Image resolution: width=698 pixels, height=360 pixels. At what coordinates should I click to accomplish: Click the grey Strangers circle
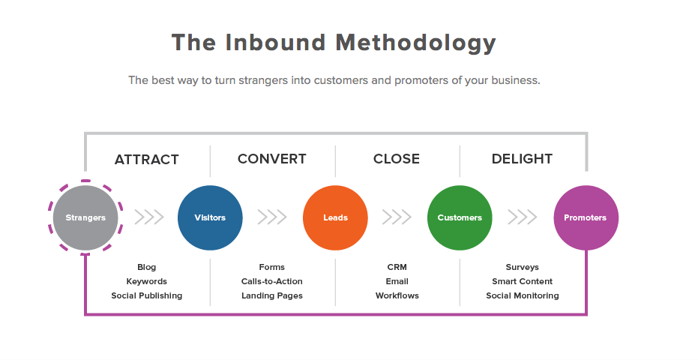[85, 217]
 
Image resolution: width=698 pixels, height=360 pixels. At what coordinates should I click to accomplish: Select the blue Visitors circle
[210, 217]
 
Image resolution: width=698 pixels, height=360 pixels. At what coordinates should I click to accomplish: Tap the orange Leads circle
[335, 217]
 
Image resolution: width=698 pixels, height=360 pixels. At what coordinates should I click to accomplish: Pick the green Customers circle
[460, 217]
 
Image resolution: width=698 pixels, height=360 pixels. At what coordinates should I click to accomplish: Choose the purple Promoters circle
[586, 217]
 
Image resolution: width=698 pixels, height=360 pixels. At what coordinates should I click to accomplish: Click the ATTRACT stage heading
[147, 160]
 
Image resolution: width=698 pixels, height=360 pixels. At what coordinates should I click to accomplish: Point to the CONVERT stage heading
[272, 159]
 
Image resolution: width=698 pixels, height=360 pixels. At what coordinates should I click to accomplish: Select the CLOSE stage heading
[397, 159]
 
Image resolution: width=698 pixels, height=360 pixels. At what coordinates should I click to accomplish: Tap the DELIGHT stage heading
[522, 159]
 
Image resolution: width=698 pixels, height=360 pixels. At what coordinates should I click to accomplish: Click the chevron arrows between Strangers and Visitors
[149, 217]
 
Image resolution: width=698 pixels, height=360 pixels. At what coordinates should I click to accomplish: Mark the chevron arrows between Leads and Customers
[397, 217]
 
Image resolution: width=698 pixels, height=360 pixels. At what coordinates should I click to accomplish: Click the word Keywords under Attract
[147, 281]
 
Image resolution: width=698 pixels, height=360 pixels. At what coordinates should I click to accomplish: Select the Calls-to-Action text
[272, 281]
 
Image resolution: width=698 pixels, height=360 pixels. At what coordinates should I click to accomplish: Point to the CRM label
[397, 267]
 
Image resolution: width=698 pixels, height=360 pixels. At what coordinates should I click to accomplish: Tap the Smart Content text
[523, 281]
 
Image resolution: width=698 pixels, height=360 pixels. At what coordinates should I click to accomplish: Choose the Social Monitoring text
[523, 295]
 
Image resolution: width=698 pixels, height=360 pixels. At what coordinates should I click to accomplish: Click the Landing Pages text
[272, 295]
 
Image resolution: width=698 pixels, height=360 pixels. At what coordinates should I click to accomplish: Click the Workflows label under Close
[397, 295]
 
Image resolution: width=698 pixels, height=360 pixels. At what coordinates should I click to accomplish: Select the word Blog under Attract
[147, 267]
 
